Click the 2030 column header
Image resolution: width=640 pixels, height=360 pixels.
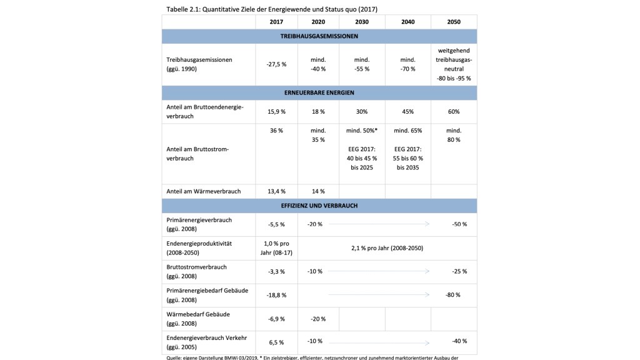361,22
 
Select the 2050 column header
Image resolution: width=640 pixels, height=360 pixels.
454,22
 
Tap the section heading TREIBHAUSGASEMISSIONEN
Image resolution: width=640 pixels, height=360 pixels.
319,36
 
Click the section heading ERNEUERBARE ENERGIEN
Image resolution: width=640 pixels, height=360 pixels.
319,92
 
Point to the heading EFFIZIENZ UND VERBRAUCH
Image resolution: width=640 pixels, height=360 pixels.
319,205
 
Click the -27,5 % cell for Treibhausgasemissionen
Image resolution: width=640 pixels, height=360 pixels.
276,64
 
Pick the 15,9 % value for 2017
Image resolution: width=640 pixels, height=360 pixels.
276,111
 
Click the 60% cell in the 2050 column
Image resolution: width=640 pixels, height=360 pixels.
454,111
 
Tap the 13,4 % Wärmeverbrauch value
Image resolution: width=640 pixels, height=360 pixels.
276,191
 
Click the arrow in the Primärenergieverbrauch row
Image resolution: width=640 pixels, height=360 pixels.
379,223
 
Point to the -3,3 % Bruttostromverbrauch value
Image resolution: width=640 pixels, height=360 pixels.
276,271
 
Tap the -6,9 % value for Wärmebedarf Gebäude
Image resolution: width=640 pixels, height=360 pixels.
276,319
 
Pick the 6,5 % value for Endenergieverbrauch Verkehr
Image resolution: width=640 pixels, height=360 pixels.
276,342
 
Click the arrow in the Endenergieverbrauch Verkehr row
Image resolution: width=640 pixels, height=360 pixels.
379,342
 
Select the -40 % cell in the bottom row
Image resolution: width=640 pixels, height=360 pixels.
459,341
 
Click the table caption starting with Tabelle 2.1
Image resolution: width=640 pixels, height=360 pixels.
272,8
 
